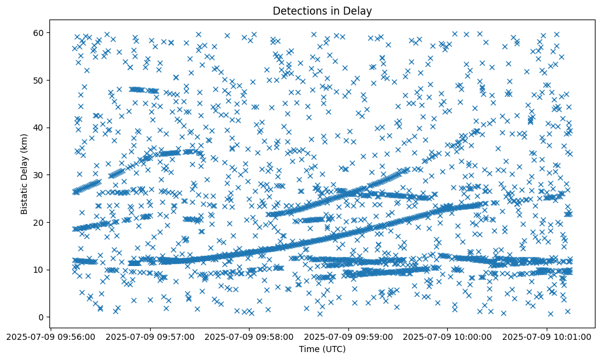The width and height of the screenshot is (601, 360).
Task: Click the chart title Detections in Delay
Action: click(322, 10)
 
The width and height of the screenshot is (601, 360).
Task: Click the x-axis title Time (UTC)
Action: click(322, 349)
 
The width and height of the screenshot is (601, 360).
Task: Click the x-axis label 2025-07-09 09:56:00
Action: click(50, 336)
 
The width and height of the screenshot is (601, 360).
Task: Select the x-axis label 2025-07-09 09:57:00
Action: click(149, 336)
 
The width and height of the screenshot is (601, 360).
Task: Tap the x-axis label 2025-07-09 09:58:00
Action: click(249, 336)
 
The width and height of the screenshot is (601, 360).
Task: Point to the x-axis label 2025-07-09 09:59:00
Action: click(348, 336)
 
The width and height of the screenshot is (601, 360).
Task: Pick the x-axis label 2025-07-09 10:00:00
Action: click(448, 336)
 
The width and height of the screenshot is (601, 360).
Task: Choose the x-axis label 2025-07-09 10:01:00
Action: click(547, 336)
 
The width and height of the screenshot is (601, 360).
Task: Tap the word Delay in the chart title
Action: click(359, 10)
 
